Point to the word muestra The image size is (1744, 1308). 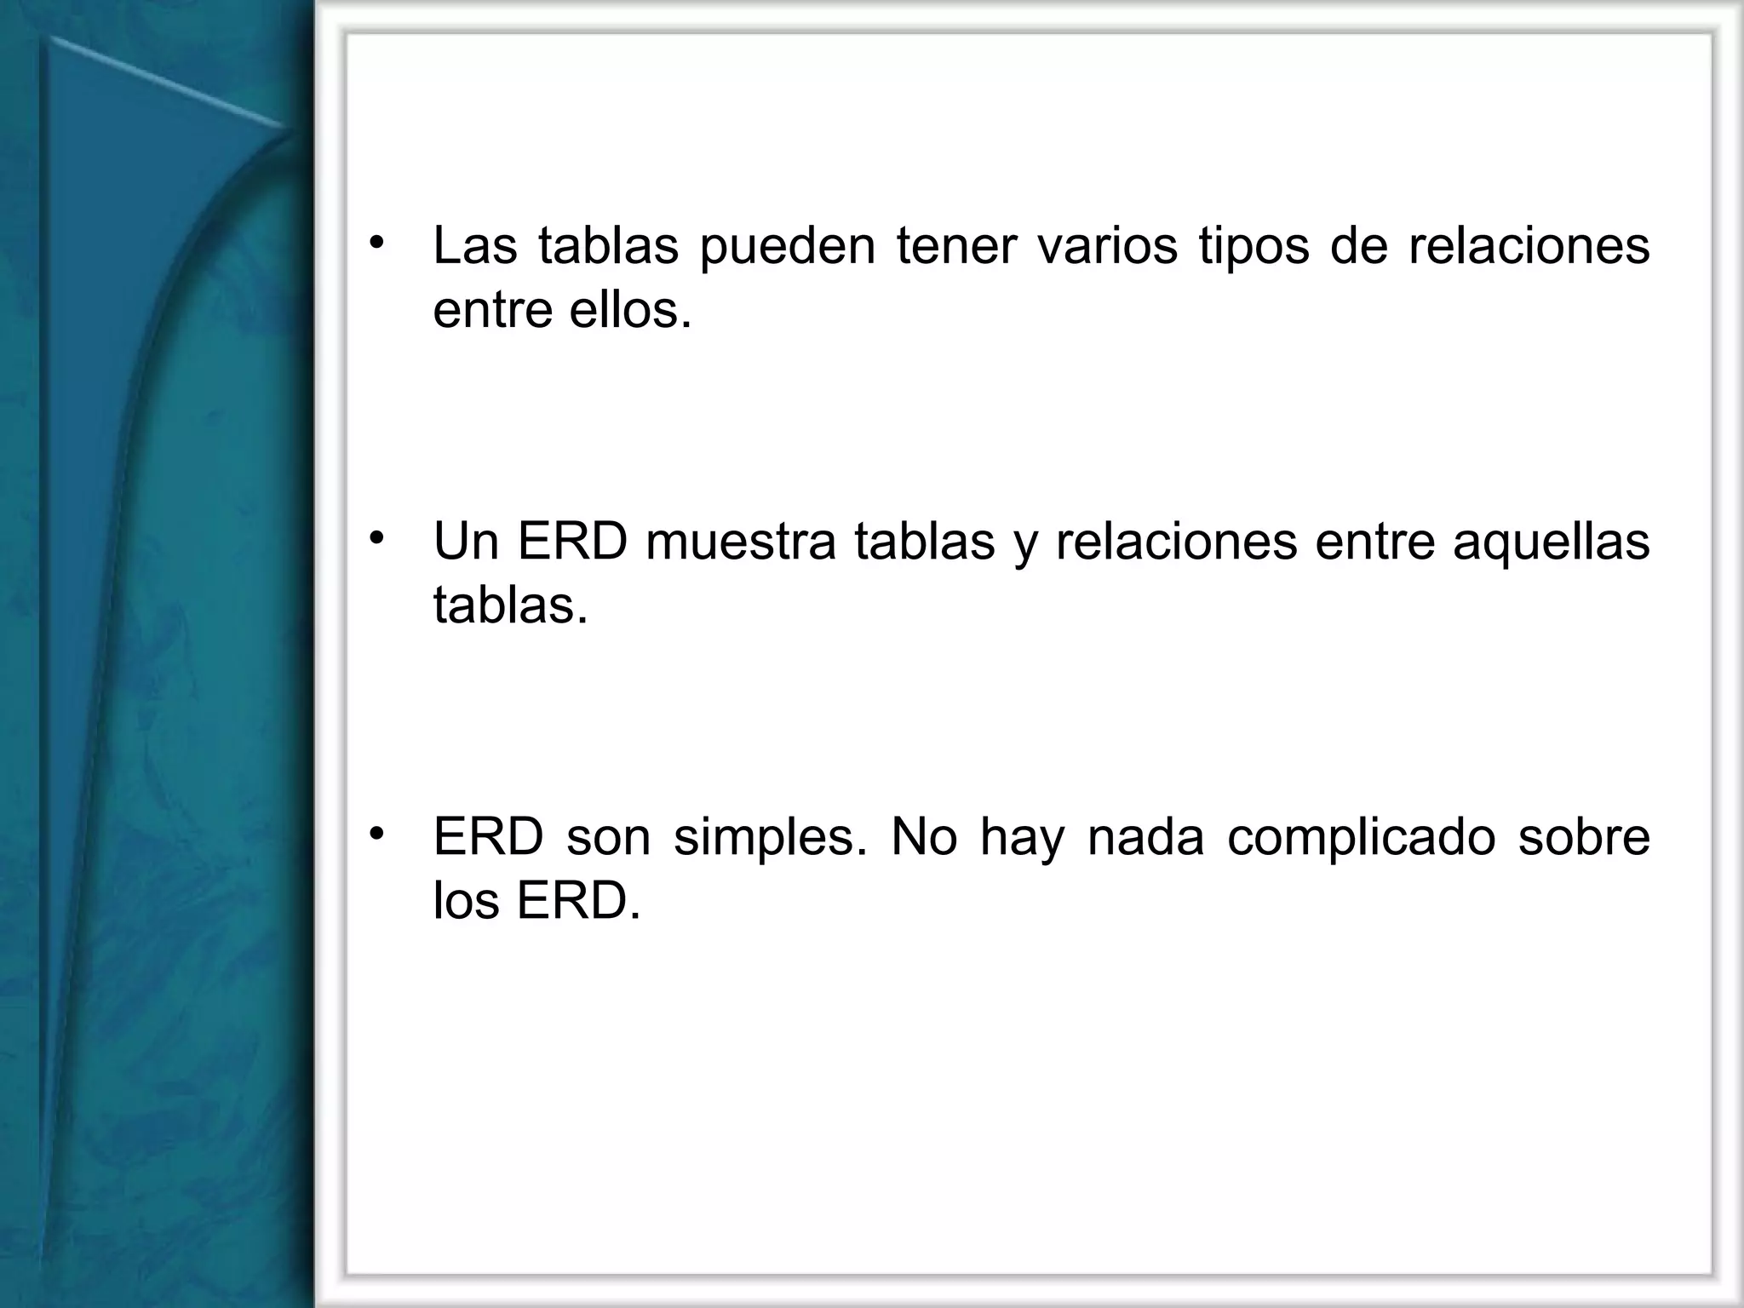pyautogui.click(x=740, y=542)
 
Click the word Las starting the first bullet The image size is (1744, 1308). pyautogui.click(x=474, y=245)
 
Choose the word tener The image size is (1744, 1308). pyautogui.click(x=956, y=245)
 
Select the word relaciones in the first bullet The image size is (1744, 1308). pyautogui.click(x=1529, y=245)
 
